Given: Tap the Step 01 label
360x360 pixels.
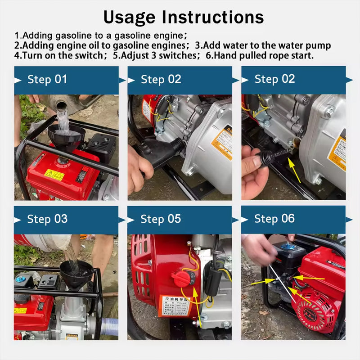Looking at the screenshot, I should click(47, 80).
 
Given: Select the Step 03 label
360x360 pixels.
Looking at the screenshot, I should click(47, 219).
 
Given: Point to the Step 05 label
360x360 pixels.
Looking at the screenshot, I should click(161, 219).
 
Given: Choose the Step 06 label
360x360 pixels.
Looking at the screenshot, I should click(274, 219).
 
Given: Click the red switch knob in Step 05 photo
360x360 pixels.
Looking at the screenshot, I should click(181, 279).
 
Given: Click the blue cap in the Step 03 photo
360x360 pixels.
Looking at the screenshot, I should click(21, 279).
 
